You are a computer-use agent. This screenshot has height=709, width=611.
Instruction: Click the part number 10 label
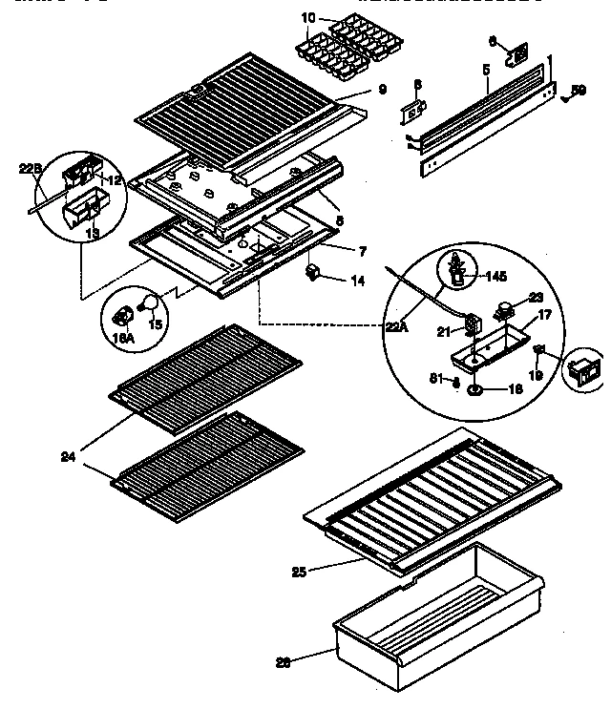(x=306, y=18)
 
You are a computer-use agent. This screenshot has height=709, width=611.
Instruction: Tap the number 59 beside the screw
(x=579, y=92)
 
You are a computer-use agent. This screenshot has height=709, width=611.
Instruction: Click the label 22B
(x=32, y=170)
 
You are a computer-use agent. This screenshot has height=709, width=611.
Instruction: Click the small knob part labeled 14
(x=311, y=275)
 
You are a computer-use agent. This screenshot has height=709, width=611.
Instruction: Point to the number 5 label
(x=486, y=71)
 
